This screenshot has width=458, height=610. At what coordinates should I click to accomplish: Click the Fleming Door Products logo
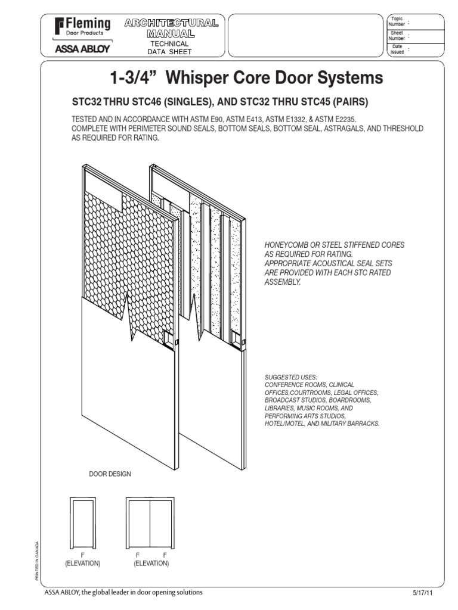click(x=82, y=27)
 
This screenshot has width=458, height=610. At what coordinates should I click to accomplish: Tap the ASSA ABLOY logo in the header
click(x=82, y=50)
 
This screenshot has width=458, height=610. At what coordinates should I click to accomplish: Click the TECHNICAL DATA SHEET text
click(x=169, y=48)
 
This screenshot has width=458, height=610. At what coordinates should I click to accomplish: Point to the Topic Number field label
click(x=397, y=21)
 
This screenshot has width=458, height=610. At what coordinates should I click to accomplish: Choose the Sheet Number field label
click(x=397, y=36)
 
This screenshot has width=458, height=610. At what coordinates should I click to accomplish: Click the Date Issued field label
click(x=397, y=49)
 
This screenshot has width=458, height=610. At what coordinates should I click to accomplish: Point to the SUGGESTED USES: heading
click(x=291, y=377)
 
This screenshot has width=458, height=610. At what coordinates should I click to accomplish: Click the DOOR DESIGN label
click(x=110, y=474)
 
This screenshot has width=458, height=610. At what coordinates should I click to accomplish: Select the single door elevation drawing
click(x=82, y=522)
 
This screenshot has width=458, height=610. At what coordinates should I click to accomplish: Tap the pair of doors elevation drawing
click(x=150, y=522)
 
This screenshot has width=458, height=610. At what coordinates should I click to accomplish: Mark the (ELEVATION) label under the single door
click(x=82, y=563)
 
